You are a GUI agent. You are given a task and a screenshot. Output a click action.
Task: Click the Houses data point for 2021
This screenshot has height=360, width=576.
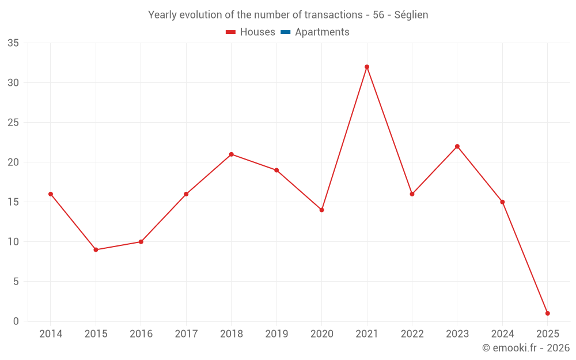coord(367,67)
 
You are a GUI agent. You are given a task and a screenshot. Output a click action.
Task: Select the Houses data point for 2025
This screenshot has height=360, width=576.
coord(547,313)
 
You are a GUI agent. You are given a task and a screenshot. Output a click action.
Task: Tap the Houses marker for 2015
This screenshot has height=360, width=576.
coord(96,250)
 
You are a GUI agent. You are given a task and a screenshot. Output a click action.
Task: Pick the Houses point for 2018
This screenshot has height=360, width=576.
coord(231,154)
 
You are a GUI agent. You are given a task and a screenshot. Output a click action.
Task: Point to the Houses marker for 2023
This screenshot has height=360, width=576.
coord(457,146)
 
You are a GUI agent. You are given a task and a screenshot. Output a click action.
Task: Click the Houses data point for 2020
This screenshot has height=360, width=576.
coord(321,210)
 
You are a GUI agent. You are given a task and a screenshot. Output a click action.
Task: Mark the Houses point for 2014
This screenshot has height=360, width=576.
coord(51,194)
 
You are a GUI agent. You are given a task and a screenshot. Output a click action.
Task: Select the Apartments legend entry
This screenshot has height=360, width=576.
coord(321,32)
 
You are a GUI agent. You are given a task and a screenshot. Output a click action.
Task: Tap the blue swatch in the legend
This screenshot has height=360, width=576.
coord(285,32)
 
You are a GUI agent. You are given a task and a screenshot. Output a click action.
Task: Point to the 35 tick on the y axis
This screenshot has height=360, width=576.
coord(13,43)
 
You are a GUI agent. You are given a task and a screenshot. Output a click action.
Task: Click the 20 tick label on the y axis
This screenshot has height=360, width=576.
coord(13,162)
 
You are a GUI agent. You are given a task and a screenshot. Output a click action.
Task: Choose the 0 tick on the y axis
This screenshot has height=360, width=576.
coord(16,321)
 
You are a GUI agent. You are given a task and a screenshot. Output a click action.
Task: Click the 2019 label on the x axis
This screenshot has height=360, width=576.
coord(276,334)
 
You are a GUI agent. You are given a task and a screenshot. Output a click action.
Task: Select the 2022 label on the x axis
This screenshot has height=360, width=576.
coord(412,334)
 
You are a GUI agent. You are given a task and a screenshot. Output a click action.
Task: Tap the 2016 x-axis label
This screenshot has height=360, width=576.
coord(141,334)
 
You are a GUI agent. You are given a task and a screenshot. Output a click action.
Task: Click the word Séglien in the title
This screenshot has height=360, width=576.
coord(411,15)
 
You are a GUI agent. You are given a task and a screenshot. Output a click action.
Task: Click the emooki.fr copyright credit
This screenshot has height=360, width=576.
coord(526,348)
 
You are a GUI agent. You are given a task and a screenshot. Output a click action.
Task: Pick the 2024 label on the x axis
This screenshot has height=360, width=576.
coord(502,334)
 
